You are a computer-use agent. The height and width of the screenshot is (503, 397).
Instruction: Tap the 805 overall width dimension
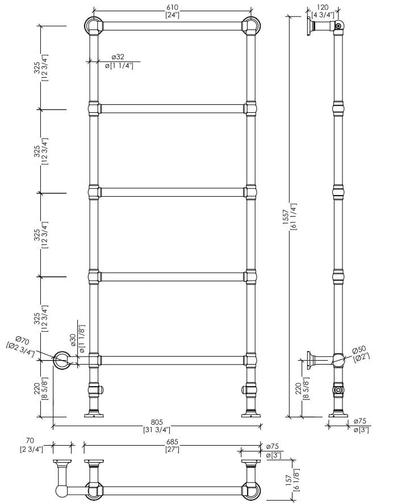click(x=157, y=422)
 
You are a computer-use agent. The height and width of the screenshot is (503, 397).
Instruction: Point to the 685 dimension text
click(x=172, y=441)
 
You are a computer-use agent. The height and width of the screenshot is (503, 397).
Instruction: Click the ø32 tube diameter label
click(x=118, y=57)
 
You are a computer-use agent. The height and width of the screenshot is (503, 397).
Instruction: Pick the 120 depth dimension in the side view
click(x=322, y=7)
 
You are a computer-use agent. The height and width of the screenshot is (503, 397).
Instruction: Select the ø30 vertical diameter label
click(x=73, y=340)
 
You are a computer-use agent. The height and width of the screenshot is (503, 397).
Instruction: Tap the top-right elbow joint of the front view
click(x=250, y=26)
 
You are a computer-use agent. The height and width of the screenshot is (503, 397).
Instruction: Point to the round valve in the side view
click(x=339, y=390)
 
